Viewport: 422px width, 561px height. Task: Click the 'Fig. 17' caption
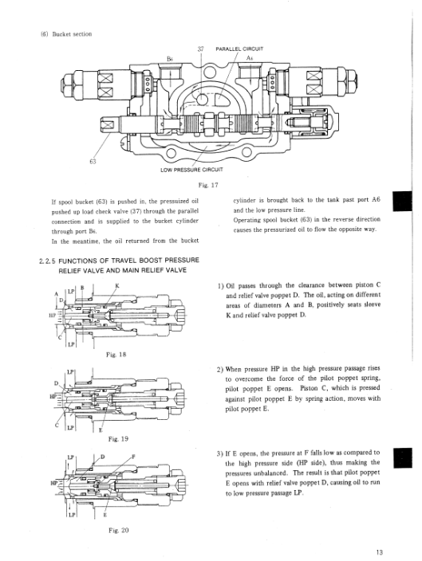coord(208,185)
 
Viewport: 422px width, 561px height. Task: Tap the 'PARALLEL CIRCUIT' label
coord(239,49)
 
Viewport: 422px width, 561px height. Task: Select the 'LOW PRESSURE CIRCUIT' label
coord(191,170)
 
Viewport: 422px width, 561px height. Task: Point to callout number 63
coord(93,161)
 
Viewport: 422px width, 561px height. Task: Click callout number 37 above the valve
coord(200,49)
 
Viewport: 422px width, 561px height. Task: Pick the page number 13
coord(380,552)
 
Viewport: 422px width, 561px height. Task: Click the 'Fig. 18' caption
coord(116,355)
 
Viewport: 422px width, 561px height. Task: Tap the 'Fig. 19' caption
coord(118,439)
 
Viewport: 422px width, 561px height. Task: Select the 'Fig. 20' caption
coord(118,530)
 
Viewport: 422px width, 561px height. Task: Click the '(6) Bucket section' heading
coord(66,34)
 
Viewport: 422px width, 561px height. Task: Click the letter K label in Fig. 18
coord(117,285)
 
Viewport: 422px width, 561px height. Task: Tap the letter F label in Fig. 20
coord(134,457)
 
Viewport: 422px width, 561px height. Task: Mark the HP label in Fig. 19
coord(53,396)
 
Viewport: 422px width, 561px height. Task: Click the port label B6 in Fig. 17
coord(170,58)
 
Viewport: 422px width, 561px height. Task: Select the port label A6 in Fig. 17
coord(250,57)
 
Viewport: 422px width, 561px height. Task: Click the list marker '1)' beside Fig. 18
coord(220,286)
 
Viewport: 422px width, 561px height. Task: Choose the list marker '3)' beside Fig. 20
coord(220,453)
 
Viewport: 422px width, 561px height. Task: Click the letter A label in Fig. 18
coord(57,294)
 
